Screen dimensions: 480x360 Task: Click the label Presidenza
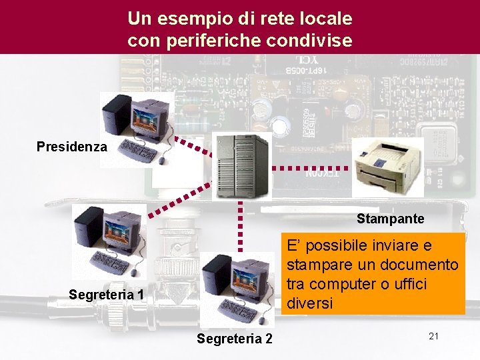pos(71,146)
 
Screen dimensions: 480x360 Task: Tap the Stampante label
pos(390,219)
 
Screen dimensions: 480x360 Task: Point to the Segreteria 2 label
pos(235,339)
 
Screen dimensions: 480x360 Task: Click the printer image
pos(387,167)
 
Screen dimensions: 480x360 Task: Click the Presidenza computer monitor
pos(149,120)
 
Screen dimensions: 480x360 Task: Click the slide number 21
pos(433,337)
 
